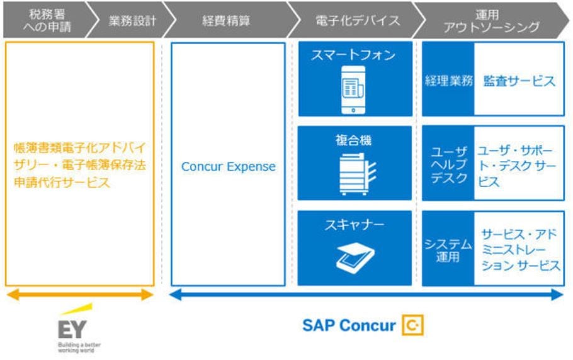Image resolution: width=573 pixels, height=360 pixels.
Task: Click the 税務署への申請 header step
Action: tap(43, 20)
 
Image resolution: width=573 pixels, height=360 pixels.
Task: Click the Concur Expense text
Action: tap(229, 167)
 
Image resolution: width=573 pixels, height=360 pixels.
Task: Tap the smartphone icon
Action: tap(353, 91)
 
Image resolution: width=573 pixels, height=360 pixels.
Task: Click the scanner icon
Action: tap(355, 257)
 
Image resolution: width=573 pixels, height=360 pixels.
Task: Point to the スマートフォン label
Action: tap(353, 55)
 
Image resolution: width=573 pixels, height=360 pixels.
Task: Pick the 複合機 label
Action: tap(353, 140)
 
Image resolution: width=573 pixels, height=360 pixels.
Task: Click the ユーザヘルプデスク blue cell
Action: tap(448, 165)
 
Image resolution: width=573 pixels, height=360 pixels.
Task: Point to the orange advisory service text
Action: tap(79, 166)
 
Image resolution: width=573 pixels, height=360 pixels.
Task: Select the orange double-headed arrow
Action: tap(79, 294)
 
